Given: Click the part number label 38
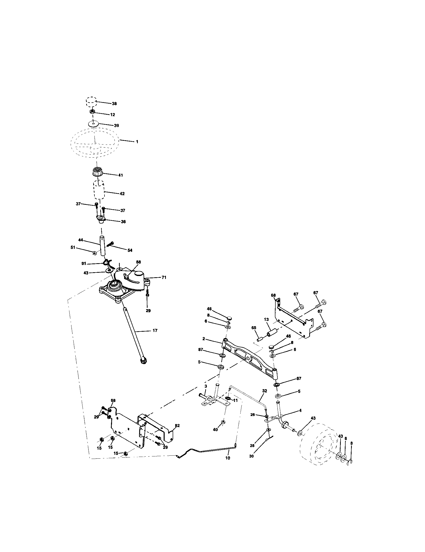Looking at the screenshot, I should [x=114, y=104].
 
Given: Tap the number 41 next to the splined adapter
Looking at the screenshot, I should [x=121, y=175].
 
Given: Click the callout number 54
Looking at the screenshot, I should [x=130, y=250].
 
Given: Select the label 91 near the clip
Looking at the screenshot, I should [x=84, y=264].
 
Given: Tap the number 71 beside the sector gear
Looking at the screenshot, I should [x=164, y=278].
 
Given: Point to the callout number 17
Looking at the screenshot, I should [x=155, y=330].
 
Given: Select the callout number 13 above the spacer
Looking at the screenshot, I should [x=266, y=319].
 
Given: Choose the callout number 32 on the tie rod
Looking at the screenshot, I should [x=264, y=391].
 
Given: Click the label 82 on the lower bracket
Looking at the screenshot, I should [x=177, y=426].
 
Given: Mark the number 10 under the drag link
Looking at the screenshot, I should [x=228, y=458].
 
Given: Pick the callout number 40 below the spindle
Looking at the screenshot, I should [x=215, y=430].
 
